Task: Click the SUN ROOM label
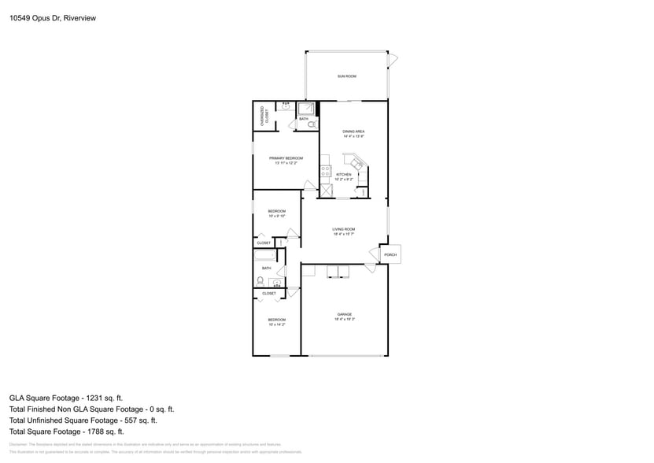pyautogui.click(x=347, y=76)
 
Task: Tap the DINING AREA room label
pyautogui.click(x=353, y=131)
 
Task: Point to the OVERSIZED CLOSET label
pyautogui.click(x=263, y=115)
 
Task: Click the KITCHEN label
pyautogui.click(x=344, y=174)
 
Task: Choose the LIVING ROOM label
pyautogui.click(x=344, y=229)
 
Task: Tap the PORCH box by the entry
pyautogui.click(x=390, y=255)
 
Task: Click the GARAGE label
pyautogui.click(x=344, y=314)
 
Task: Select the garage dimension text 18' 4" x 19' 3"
pyautogui.click(x=344, y=319)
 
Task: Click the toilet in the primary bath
pyautogui.click(x=312, y=124)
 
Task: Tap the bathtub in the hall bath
pyautogui.click(x=264, y=255)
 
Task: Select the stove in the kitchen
pyautogui.click(x=324, y=171)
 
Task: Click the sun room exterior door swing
pyautogui.click(x=393, y=59)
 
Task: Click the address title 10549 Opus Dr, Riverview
pyautogui.click(x=47, y=17)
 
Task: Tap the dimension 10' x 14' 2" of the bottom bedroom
pyautogui.click(x=276, y=324)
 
